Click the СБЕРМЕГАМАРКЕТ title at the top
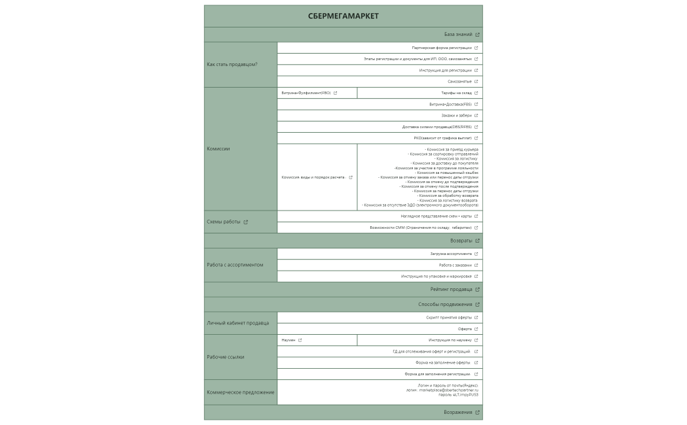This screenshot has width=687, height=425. click(x=343, y=16)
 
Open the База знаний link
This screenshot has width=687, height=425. click(x=458, y=35)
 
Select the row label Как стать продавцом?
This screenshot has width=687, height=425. click(x=232, y=64)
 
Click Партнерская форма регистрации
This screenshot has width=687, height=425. click(x=442, y=48)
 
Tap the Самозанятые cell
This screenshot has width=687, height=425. click(x=459, y=82)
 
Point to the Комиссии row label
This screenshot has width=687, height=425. click(x=219, y=148)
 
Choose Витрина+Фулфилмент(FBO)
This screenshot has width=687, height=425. click(x=306, y=93)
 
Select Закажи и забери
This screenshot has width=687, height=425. click(x=456, y=116)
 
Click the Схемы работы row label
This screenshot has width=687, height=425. click(x=224, y=222)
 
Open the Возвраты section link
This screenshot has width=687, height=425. click(x=461, y=241)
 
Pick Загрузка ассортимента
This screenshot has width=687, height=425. click(x=451, y=254)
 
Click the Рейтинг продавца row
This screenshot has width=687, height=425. click(x=451, y=289)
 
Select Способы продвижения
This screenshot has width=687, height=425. click(x=445, y=304)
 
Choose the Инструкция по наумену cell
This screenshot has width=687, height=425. click(x=450, y=340)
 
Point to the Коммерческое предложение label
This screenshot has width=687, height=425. click(x=239, y=392)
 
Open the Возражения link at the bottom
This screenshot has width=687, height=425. click(x=458, y=413)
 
